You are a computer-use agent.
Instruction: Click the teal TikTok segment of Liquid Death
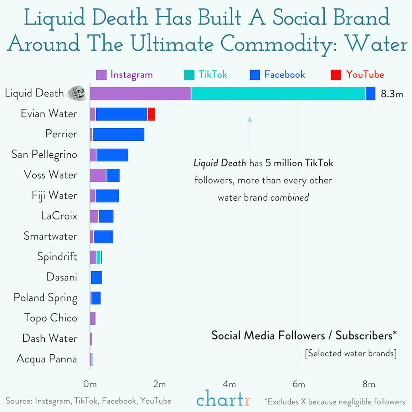(278, 93)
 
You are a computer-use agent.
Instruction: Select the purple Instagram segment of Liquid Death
(140, 93)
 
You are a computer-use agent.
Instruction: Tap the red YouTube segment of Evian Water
(151, 114)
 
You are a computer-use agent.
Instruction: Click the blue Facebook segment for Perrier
(118, 134)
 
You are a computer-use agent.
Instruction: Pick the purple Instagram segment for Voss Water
(98, 175)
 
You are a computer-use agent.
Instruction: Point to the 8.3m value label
(392, 94)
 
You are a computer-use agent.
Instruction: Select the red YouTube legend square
(336, 74)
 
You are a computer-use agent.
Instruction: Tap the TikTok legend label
(212, 74)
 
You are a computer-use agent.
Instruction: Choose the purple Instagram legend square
(101, 74)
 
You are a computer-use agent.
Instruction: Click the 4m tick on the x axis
(230, 384)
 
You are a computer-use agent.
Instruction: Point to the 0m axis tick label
(90, 384)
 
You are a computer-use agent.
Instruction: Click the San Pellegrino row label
(44, 154)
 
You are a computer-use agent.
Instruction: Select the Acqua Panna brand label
(47, 359)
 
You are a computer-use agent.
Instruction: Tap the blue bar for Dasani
(96, 277)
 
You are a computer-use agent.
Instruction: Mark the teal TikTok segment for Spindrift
(98, 257)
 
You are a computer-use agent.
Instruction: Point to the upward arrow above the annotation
(249, 132)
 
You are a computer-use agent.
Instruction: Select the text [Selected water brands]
(351, 353)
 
